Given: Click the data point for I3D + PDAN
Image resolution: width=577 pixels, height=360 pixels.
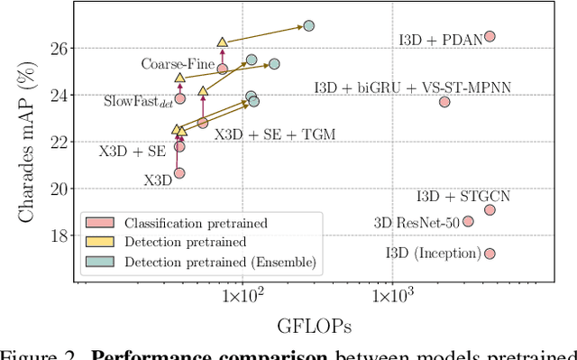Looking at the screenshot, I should click(490, 36).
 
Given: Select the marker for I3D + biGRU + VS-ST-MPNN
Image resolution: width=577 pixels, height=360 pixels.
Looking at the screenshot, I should click(444, 102).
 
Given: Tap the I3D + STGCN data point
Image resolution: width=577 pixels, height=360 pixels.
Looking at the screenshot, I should click(490, 209).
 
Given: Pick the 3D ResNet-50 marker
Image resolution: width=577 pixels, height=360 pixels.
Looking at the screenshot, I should click(468, 221).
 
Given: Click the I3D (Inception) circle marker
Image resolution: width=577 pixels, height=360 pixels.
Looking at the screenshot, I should click(490, 254).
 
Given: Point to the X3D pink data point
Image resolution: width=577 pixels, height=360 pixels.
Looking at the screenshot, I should click(179, 172).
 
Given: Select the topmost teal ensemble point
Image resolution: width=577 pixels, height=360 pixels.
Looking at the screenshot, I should click(308, 26).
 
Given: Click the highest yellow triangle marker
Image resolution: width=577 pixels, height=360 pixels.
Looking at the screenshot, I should click(223, 42).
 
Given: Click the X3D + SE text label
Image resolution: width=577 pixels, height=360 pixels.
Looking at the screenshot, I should click(132, 152).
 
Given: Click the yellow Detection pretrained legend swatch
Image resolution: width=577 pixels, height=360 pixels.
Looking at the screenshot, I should click(96, 242).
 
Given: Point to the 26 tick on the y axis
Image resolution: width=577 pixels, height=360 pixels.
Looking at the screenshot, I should click(60, 48).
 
